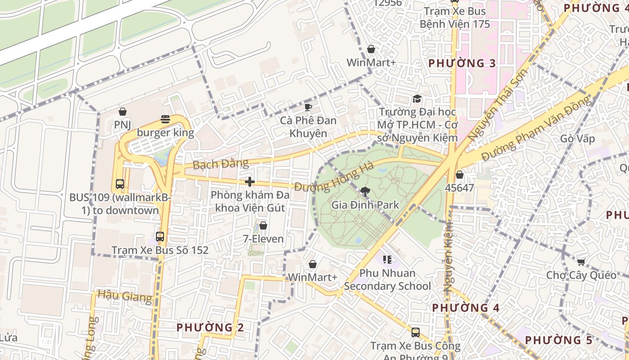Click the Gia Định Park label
click(365, 205)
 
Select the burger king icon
click(165, 120)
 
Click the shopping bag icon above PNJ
click(122, 112)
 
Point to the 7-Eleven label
click(263, 239)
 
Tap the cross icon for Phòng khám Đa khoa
click(250, 182)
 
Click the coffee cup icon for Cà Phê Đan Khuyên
click(308, 107)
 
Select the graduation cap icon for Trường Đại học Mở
click(417, 99)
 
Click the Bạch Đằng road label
click(220, 164)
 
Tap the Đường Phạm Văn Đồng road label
click(536, 129)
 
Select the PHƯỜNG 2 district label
click(210, 328)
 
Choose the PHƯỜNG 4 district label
click(465, 308)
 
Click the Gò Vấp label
click(577, 138)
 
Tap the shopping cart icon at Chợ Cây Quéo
click(581, 262)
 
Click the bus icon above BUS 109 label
click(120, 184)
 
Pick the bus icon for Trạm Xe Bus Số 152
click(160, 236)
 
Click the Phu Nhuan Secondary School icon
click(387, 259)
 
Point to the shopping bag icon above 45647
click(459, 175)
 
